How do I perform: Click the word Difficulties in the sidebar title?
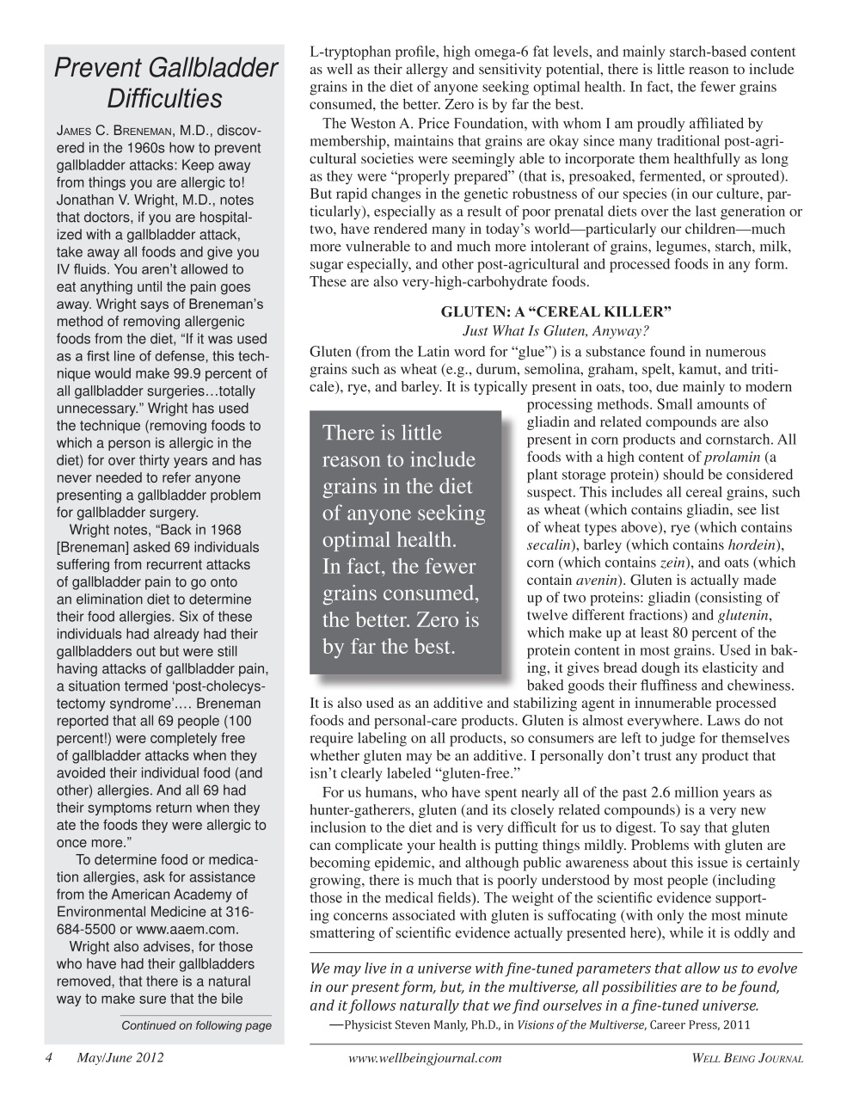pyautogui.click(x=165, y=99)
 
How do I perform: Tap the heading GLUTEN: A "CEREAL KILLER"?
pyautogui.click(x=555, y=312)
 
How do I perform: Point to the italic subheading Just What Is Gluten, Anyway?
pyautogui.click(x=555, y=331)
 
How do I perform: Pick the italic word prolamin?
pyautogui.click(x=733, y=457)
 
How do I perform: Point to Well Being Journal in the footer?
pyautogui.click(x=746, y=1058)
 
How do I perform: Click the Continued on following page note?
pyautogui.click(x=196, y=1025)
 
